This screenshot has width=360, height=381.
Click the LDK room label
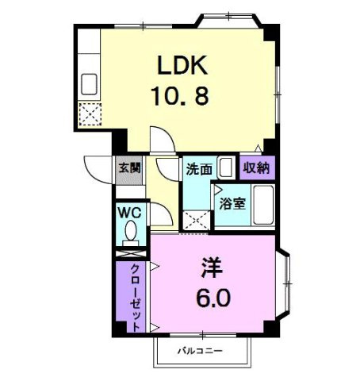[182, 65]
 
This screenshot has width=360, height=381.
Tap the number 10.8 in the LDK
[180, 96]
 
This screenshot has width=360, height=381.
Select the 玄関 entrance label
[129, 168]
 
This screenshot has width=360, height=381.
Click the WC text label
[129, 213]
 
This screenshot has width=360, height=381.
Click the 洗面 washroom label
[199, 169]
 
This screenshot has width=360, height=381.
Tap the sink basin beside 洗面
[226, 167]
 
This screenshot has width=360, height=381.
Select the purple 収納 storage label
[256, 167]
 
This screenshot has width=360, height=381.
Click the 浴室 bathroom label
[232, 203]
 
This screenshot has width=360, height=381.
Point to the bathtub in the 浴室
[263, 205]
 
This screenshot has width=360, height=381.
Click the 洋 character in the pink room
[212, 267]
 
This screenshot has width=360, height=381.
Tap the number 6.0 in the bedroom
[213, 298]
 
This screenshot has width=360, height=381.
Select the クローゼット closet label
[136, 298]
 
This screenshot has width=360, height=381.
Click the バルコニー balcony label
[200, 352]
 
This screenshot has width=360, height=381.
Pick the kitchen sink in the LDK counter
[89, 84]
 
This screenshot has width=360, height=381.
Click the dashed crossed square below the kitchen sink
[90, 114]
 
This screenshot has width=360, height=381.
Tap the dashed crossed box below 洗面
[197, 220]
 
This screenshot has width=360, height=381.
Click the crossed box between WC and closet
[131, 253]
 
